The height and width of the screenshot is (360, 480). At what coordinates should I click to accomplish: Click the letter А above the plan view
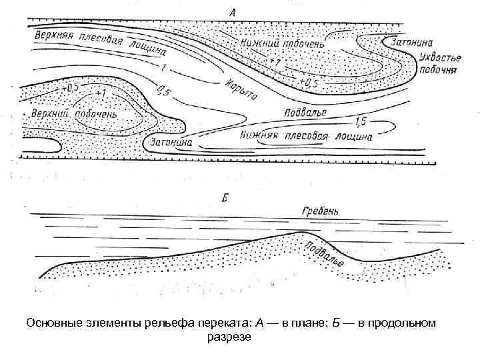(233, 11)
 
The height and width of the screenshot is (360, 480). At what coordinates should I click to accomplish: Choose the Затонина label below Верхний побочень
(169, 142)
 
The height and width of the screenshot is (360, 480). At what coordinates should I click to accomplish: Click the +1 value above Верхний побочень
(102, 93)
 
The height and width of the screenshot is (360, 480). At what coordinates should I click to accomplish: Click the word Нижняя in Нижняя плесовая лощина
(259, 137)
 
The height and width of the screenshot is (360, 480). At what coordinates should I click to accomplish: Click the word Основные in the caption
(49, 323)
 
